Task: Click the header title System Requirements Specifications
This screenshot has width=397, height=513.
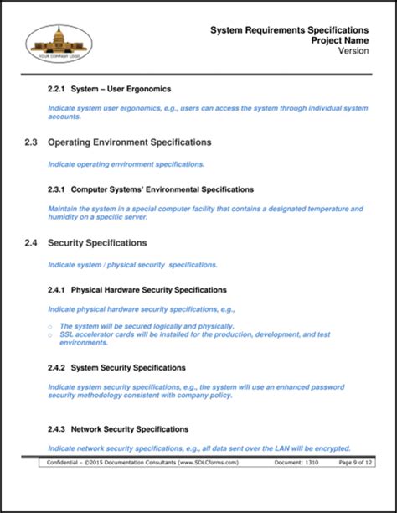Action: coord(290,29)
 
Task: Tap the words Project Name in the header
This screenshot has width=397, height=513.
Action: coord(339,40)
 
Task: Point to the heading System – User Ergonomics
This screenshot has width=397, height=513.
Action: coord(121,88)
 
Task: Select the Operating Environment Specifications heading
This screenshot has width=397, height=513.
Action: coord(129,142)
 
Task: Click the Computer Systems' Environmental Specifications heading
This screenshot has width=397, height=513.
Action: coord(162,189)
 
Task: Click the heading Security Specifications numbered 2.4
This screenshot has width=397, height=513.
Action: coord(97,243)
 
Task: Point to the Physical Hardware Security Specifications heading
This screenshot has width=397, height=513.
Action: coord(149,290)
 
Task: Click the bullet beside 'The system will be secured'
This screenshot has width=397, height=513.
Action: coord(50,326)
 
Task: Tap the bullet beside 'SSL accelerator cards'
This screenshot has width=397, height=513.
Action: coord(50,334)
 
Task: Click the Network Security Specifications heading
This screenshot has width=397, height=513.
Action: coord(130,428)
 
